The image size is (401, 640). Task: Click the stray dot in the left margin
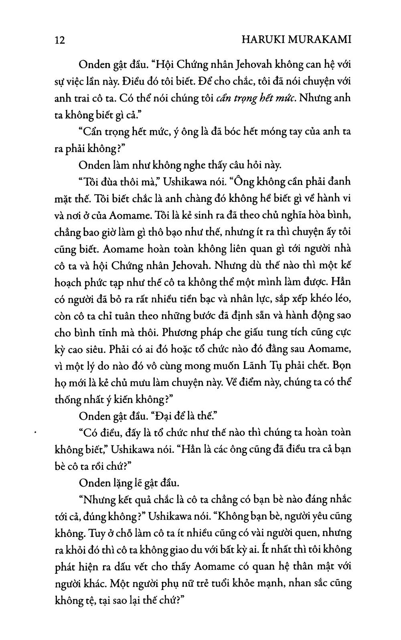[x=36, y=433]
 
